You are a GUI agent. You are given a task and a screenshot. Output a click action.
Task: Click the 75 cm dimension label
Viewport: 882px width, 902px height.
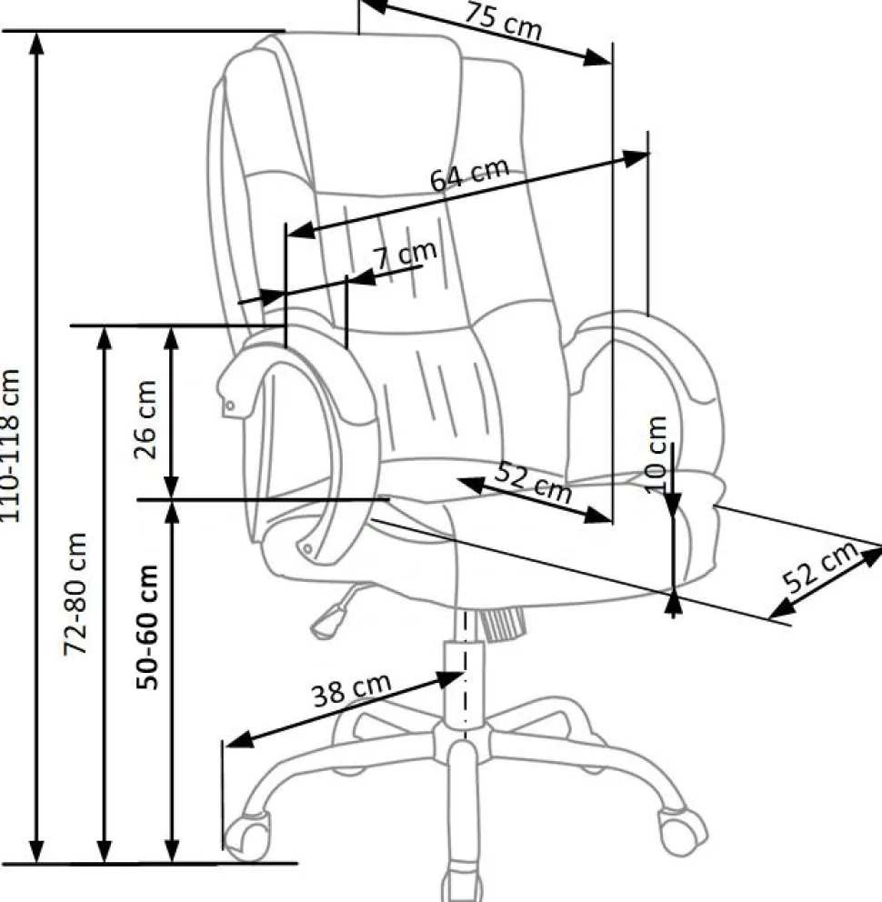(504, 23)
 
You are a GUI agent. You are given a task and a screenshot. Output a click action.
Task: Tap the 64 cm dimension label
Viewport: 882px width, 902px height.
(470, 174)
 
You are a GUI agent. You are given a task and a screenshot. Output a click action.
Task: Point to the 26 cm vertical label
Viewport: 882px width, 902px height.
(145, 419)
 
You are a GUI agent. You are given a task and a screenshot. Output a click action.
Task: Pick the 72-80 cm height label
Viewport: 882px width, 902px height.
(75, 595)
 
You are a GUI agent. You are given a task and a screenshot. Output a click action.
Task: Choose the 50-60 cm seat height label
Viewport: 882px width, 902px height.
(146, 627)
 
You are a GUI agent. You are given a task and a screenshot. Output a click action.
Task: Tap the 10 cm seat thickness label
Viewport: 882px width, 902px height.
(656, 455)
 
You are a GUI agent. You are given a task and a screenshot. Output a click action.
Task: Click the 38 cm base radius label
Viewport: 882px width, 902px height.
(352, 690)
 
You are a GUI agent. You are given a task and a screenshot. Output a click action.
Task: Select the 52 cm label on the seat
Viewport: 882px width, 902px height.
(534, 482)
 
